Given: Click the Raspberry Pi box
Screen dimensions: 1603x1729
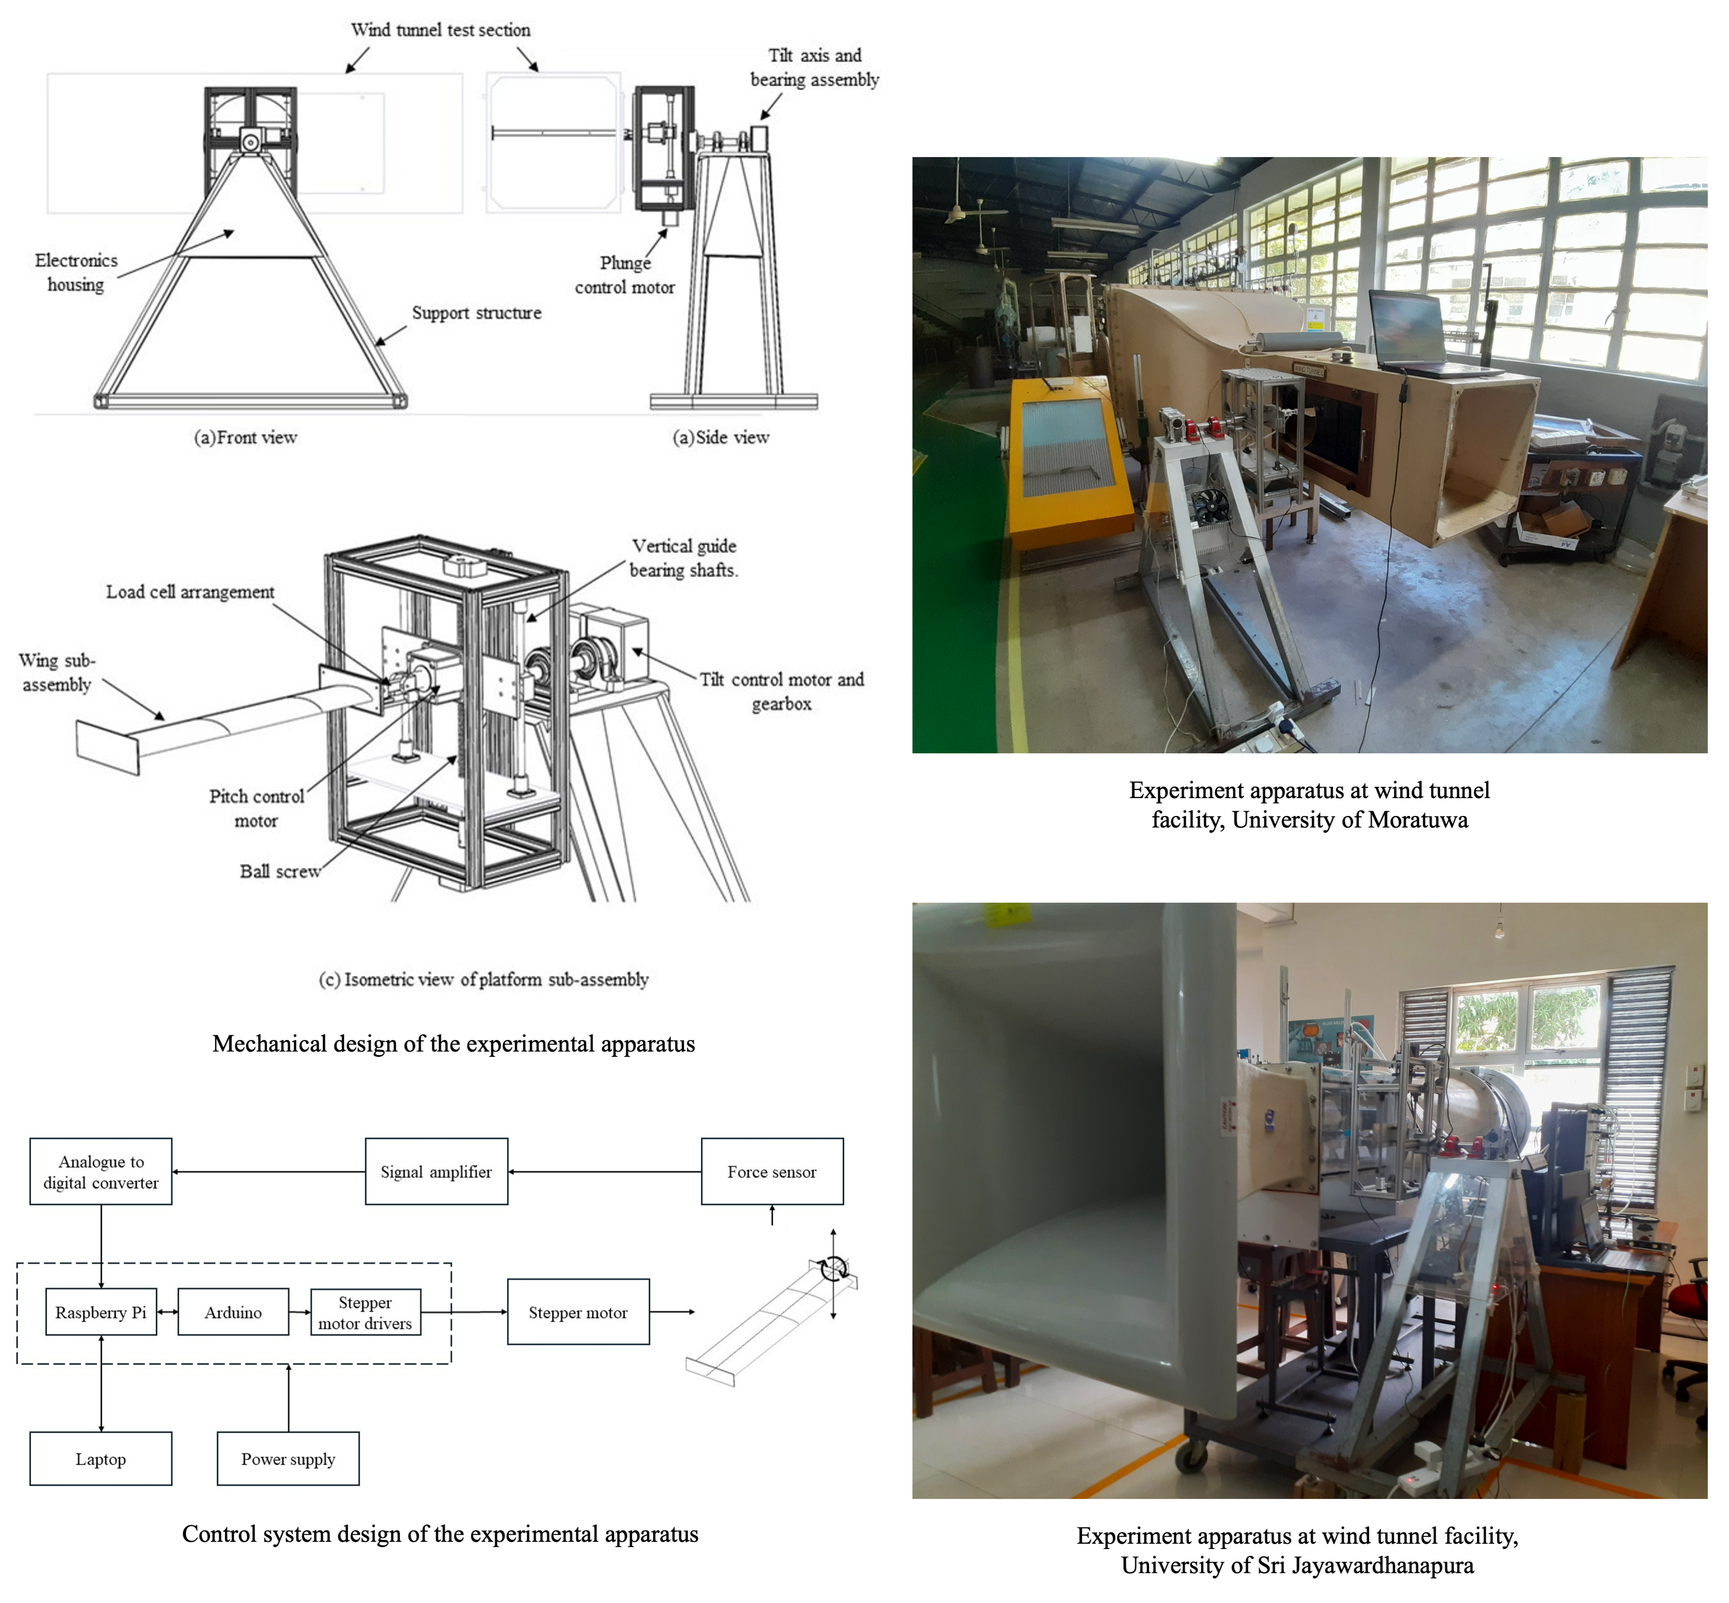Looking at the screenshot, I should pyautogui.click(x=101, y=1311).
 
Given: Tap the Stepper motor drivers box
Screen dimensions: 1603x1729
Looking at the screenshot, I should pyautogui.click(x=365, y=1311).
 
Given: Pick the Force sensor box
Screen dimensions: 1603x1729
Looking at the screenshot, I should pyautogui.click(x=771, y=1171).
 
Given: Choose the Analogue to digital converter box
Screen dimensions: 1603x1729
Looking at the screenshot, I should pyautogui.click(x=101, y=1171).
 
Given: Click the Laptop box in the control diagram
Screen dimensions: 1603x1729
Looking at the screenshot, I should pyautogui.click(x=101, y=1458).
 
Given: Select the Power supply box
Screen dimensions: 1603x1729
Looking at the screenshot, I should pyautogui.click(x=288, y=1458).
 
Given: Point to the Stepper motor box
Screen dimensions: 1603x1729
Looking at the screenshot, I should pyautogui.click(x=578, y=1311).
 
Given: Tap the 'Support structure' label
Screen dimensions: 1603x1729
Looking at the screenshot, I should pyautogui.click(x=476, y=312).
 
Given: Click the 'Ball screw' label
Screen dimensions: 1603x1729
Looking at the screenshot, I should pyautogui.click(x=280, y=871).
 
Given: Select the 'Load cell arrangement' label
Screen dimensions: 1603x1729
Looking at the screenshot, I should pyautogui.click(x=190, y=591).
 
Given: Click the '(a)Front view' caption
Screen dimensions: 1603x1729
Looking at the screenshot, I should pyautogui.click(x=245, y=437).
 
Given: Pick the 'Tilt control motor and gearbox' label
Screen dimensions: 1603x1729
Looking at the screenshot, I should pyautogui.click(x=782, y=691).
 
